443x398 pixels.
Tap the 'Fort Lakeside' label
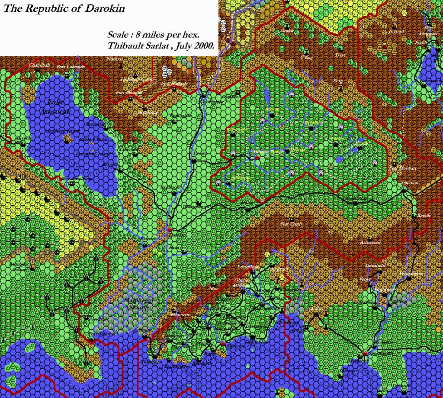[x=71, y=67]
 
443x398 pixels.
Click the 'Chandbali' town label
[x=37, y=65]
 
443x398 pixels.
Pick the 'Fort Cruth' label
[x=291, y=224]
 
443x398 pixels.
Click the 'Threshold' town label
[x=375, y=265]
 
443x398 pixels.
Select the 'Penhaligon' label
[x=411, y=273]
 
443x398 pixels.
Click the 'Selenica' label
[x=409, y=182]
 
